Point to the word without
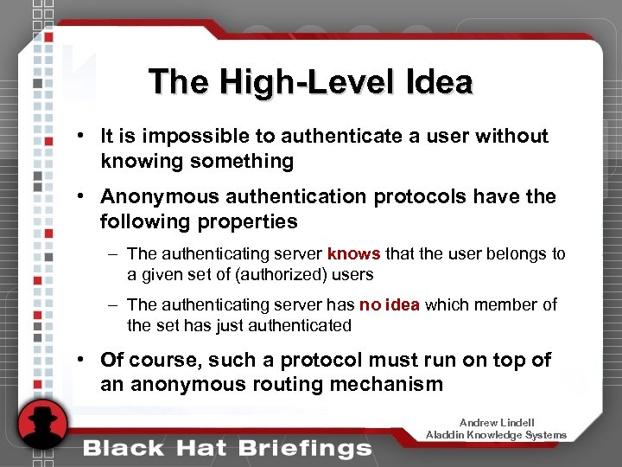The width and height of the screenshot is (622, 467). point(511,137)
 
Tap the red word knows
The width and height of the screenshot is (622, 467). point(354,254)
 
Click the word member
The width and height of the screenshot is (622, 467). point(514,304)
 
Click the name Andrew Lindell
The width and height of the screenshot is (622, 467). point(497,423)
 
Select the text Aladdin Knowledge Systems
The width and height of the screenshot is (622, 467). point(497,435)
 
